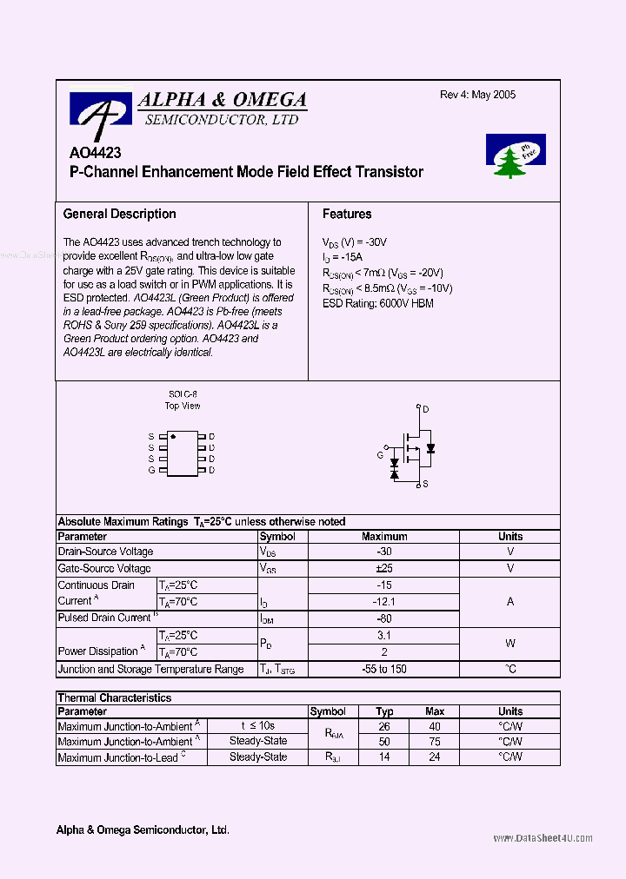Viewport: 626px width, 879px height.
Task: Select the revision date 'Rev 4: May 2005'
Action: [x=477, y=95]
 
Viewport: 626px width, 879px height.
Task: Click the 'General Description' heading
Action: [x=119, y=214]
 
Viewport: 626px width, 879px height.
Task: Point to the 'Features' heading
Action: [x=347, y=214]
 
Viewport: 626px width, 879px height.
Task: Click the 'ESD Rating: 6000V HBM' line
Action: [x=377, y=303]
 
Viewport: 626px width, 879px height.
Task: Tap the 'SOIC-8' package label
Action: [x=183, y=394]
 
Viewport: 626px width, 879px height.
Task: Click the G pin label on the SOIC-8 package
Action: [x=151, y=470]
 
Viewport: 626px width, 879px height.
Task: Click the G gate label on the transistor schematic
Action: [x=380, y=454]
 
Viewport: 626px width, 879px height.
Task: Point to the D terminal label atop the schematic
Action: [x=426, y=409]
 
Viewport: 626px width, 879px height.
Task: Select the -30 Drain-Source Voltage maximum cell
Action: [x=384, y=552]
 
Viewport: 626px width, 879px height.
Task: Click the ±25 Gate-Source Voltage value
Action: [x=384, y=568]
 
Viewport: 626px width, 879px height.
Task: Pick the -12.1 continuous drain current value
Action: [x=384, y=601]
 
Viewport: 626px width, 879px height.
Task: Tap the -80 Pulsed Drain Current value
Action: [x=384, y=618]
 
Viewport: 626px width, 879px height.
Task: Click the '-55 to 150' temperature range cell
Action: [x=384, y=669]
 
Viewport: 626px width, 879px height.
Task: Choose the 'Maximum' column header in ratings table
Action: [x=384, y=537]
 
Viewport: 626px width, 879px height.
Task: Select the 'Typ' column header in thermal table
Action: [x=384, y=711]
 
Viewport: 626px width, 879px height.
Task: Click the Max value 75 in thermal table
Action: [x=435, y=742]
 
